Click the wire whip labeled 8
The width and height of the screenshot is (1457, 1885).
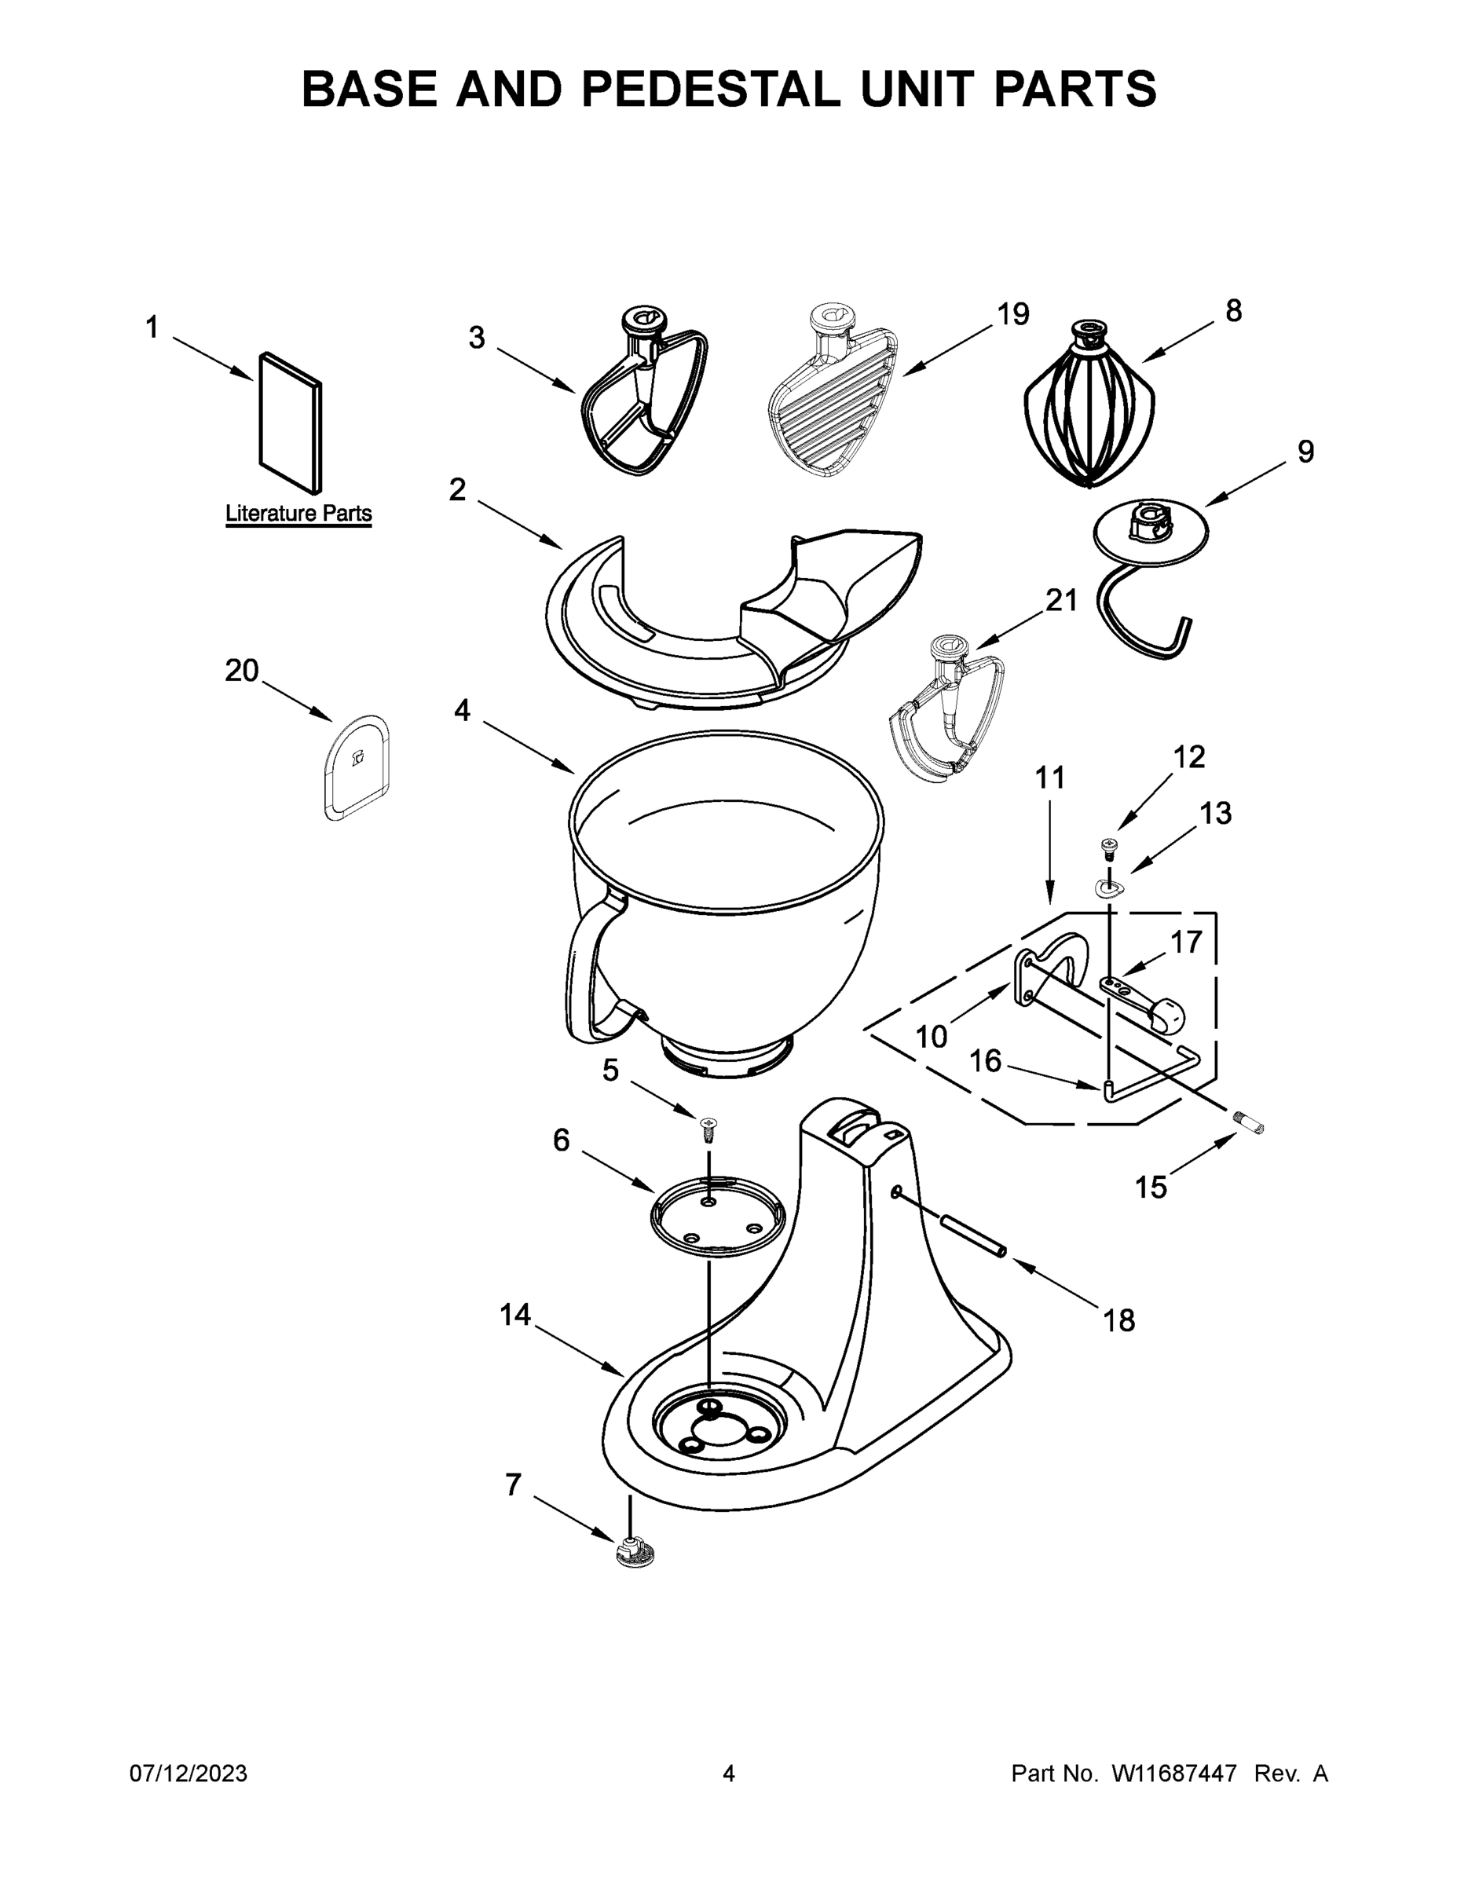coord(1089,405)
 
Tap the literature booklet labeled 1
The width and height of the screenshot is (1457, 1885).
coord(291,423)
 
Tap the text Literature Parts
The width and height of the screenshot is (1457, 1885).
coord(298,514)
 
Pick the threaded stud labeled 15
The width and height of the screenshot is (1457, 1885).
coord(1249,1125)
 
